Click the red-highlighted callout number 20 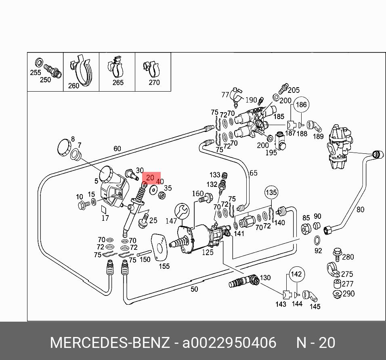click(150, 178)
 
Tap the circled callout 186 click(301, 105)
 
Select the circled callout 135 click(271, 193)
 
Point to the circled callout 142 click(296, 274)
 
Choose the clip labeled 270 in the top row click(151, 69)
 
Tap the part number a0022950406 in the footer click(229, 343)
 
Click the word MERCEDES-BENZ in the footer click(109, 343)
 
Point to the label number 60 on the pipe click(117, 149)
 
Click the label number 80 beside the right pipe click(360, 209)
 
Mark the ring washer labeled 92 click(318, 241)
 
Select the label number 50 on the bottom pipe click(194, 289)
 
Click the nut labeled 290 click(336, 293)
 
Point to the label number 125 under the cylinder click(208, 253)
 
